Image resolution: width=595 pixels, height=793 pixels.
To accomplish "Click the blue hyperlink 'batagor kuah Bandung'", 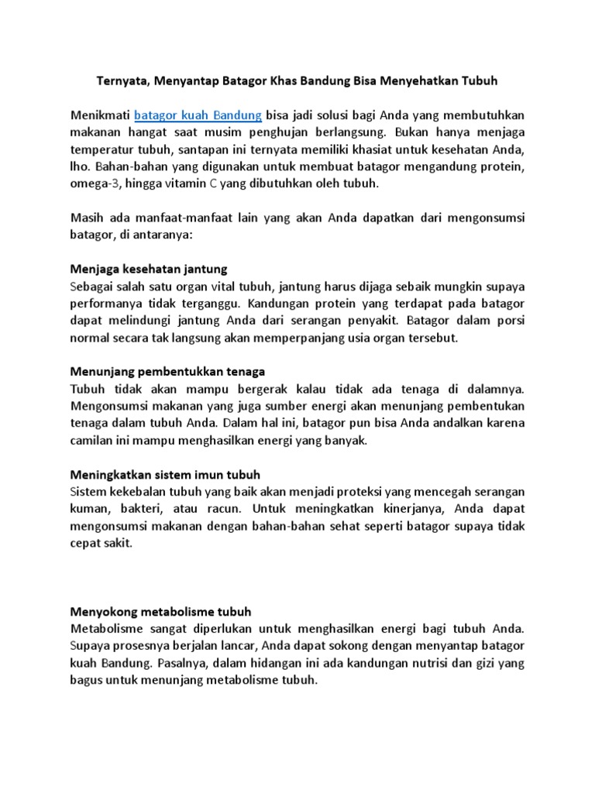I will pos(198,116).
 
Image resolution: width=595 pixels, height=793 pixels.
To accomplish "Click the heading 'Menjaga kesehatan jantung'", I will pos(149,269).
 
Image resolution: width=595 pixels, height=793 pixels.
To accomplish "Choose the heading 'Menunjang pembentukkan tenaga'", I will pos(168,372).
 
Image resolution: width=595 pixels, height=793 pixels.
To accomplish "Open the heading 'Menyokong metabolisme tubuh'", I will pos(161,611).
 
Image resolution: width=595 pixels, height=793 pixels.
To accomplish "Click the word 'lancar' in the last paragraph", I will pos(237,646).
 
